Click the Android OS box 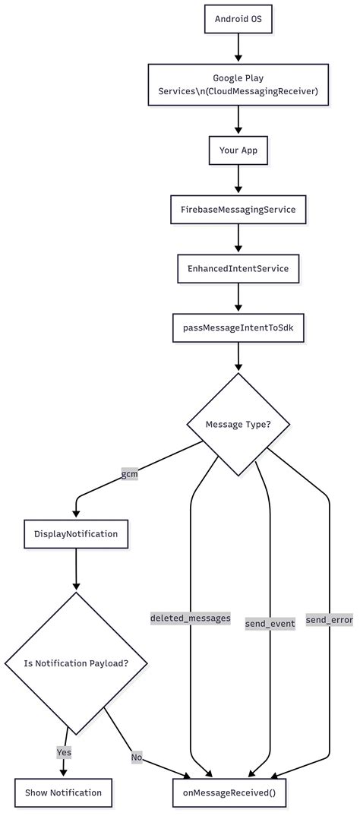click(x=238, y=18)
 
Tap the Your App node click(x=238, y=150)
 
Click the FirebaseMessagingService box click(x=238, y=209)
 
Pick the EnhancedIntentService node click(x=238, y=268)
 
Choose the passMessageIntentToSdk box click(x=238, y=327)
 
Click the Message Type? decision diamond click(x=238, y=424)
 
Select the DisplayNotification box click(x=76, y=534)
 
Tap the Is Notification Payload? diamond click(x=76, y=663)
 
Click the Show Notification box click(x=63, y=792)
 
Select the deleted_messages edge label click(x=190, y=618)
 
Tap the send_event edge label click(x=270, y=623)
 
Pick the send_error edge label click(x=330, y=620)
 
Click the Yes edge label click(x=64, y=751)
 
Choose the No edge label click(x=137, y=757)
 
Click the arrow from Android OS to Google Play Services click(x=238, y=48)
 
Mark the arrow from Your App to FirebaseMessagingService click(x=238, y=179)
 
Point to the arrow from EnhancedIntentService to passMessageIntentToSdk click(x=238, y=298)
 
